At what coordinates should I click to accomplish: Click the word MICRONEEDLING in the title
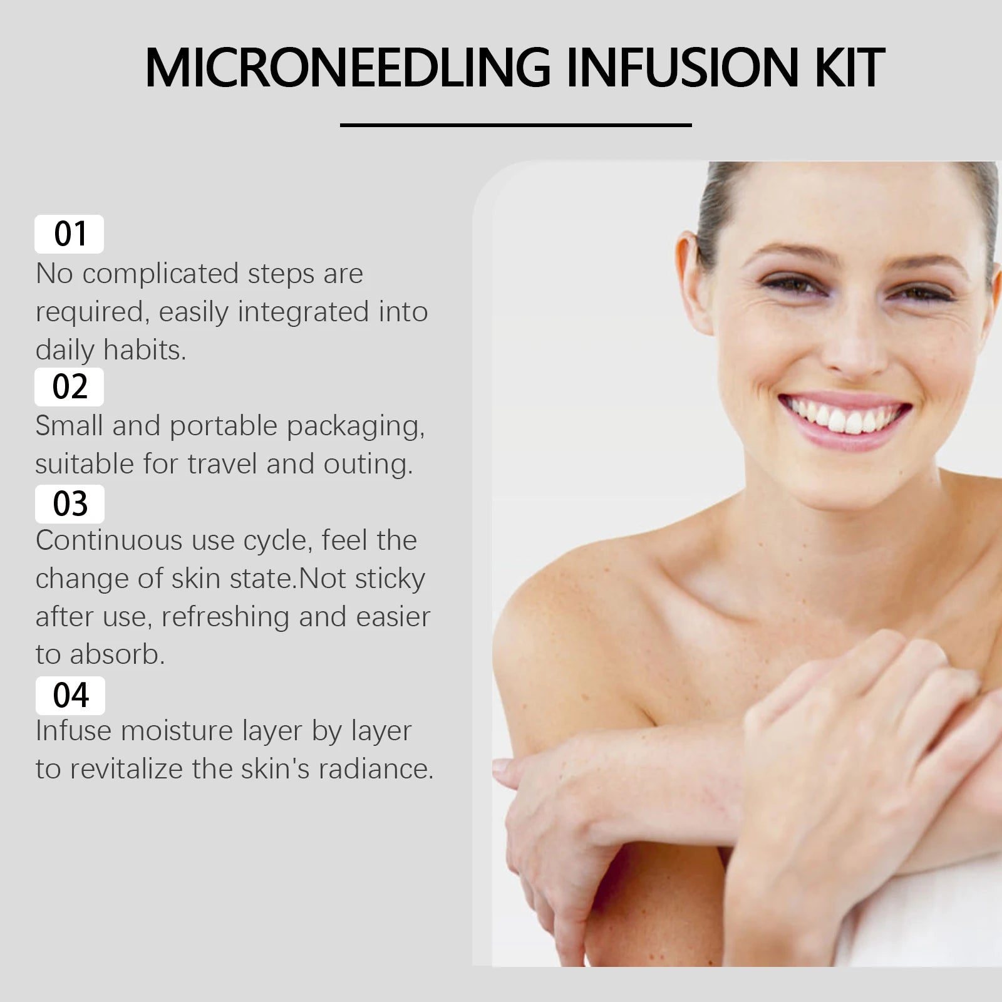(348, 68)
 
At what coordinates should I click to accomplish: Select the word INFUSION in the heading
(683, 68)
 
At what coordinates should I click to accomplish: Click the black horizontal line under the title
(515, 125)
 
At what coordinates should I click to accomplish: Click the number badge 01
(70, 234)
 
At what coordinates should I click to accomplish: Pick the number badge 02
(70, 386)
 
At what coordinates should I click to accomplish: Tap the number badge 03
(70, 504)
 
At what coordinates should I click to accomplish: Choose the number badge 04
(70, 695)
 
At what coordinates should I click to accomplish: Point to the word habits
(144, 350)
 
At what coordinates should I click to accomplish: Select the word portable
(224, 426)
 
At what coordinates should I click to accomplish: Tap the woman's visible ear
(692, 282)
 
